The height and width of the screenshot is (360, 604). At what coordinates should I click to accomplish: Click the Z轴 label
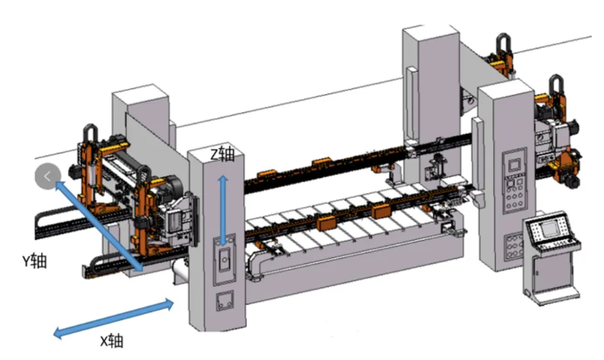point(222,154)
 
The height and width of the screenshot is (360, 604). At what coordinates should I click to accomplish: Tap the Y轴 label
point(35,261)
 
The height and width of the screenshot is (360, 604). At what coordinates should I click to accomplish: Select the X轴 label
point(112,341)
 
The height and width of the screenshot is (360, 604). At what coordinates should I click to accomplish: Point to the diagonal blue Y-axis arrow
point(99,226)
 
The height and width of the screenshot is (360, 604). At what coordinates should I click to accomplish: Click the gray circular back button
point(48,176)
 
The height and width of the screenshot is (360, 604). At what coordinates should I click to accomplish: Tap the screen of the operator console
point(548,229)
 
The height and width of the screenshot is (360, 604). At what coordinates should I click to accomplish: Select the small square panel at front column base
point(225,301)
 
